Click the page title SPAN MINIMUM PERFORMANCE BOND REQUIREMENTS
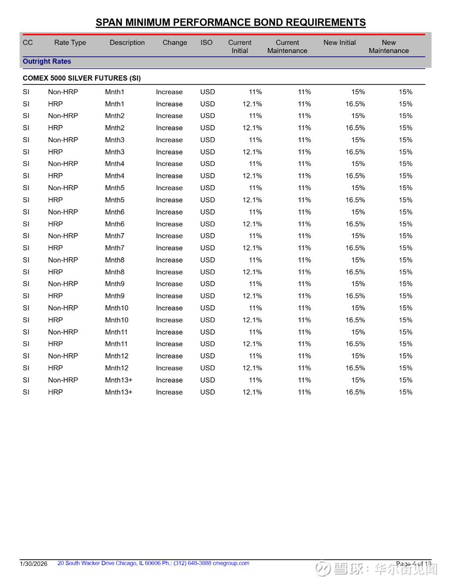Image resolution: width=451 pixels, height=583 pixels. [x=230, y=22]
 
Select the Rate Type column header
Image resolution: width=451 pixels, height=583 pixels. [x=70, y=43]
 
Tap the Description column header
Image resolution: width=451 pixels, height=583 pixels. [x=127, y=43]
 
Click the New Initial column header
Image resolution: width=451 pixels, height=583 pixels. [x=339, y=43]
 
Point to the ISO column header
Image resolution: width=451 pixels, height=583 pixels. [x=206, y=43]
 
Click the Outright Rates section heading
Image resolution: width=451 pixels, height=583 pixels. [x=47, y=62]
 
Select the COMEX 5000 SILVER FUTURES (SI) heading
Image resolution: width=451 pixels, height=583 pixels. [x=81, y=78]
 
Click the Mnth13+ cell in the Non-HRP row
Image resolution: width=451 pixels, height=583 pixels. [x=118, y=380]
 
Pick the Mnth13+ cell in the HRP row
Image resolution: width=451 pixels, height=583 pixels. [x=118, y=392]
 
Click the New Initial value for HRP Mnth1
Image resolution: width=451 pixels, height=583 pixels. [x=355, y=104]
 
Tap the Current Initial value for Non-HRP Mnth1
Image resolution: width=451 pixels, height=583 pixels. [x=255, y=92]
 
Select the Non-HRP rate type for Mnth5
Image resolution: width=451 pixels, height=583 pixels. [x=63, y=188]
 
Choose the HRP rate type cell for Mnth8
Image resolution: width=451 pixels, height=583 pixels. [x=55, y=272]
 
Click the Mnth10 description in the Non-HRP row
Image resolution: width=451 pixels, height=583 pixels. [x=117, y=308]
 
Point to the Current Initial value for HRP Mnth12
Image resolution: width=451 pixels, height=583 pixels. [x=252, y=368]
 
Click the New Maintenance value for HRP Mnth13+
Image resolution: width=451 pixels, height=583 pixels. [x=405, y=392]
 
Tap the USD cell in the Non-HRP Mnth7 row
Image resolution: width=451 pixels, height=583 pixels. [x=207, y=236]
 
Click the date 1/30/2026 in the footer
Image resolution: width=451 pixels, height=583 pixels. [x=33, y=564]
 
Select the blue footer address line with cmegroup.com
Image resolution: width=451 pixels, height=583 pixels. [x=153, y=563]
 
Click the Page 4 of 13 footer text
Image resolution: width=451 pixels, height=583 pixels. [x=414, y=564]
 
